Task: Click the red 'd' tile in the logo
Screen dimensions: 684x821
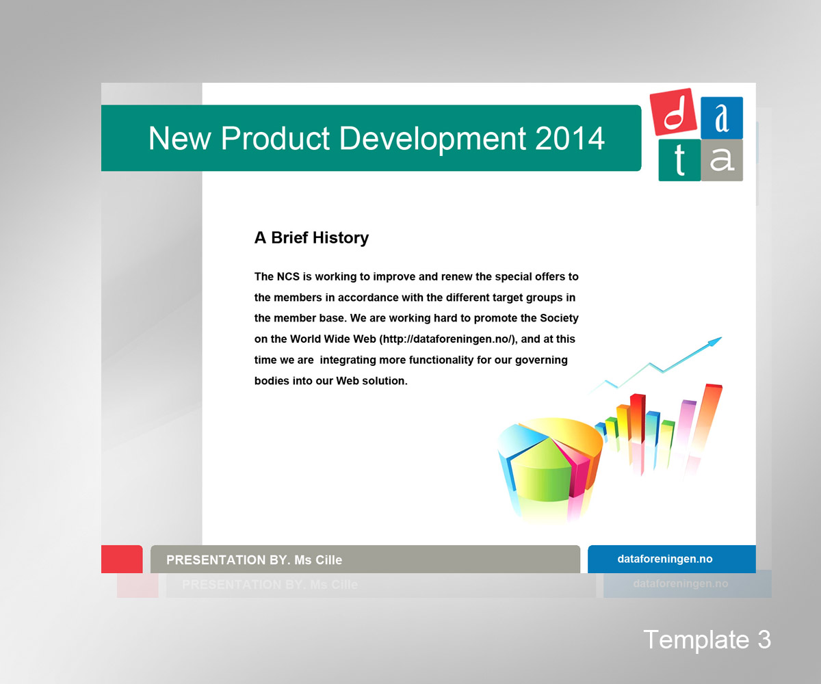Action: coord(673,113)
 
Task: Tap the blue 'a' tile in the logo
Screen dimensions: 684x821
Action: coord(722,118)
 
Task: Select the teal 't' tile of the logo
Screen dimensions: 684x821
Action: coord(679,160)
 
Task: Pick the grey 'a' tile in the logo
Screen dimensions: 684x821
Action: coord(722,160)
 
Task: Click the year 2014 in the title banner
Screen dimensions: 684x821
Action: coord(570,138)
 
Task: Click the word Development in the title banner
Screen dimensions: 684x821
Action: coord(433,138)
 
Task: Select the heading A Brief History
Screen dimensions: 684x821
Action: coord(311,238)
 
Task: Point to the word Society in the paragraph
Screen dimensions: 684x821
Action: coord(559,319)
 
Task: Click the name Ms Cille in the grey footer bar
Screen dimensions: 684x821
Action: coord(318,560)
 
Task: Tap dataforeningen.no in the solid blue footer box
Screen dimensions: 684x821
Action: coord(664,560)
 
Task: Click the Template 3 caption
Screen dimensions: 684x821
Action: coord(707,640)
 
